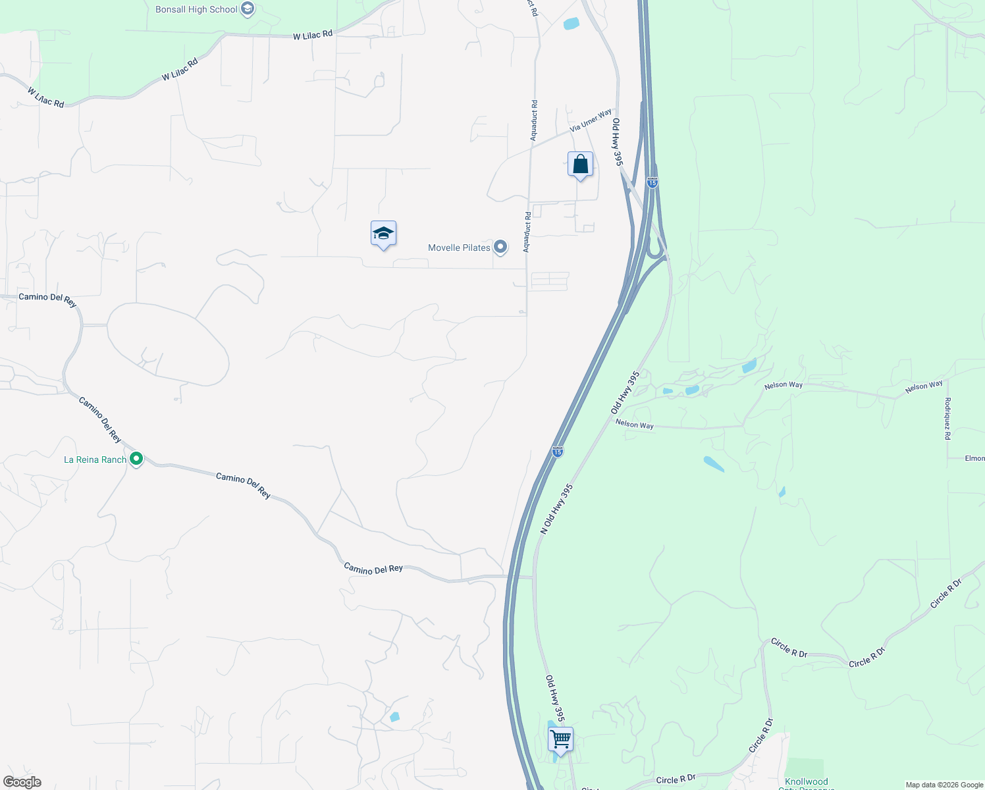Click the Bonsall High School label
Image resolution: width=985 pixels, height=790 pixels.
coord(196,10)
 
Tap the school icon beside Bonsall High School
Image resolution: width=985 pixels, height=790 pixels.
coord(248,9)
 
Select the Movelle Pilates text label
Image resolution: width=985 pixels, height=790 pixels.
coord(459,248)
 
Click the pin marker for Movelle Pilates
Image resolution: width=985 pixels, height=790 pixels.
coord(500,247)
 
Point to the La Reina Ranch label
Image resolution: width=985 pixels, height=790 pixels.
coord(95,460)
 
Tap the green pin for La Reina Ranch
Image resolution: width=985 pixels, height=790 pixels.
coord(136,459)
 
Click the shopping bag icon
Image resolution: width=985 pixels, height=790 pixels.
coord(580,165)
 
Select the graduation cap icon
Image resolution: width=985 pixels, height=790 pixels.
coord(383,234)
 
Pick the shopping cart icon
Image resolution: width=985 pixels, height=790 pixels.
coord(560,739)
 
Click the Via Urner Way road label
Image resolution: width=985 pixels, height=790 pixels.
coord(591,120)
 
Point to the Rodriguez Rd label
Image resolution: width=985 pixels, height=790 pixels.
coord(947,419)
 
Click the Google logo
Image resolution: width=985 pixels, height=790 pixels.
coord(22,782)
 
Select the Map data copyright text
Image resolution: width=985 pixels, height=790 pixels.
coord(944,785)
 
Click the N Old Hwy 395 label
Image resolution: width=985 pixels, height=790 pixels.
coord(557,509)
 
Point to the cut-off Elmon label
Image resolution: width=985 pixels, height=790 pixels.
coord(974,458)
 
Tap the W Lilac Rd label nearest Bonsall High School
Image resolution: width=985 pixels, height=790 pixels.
coord(313,36)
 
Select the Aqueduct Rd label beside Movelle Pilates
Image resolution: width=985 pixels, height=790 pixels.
coord(527,232)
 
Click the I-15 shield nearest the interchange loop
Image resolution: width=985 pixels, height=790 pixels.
coord(652,182)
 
